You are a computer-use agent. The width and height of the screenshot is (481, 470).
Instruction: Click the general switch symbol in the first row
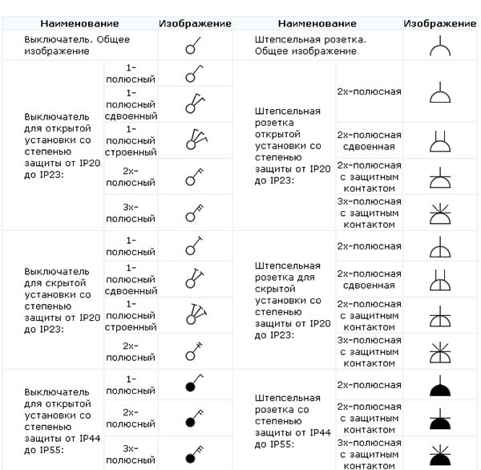click(x=194, y=45)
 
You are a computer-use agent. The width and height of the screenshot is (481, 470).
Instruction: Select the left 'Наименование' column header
click(x=79, y=24)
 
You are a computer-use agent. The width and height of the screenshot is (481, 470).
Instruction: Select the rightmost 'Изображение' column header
click(x=441, y=24)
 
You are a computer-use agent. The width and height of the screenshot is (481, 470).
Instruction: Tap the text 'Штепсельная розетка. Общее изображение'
click(x=305, y=45)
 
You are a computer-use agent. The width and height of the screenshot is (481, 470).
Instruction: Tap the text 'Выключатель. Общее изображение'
click(x=77, y=45)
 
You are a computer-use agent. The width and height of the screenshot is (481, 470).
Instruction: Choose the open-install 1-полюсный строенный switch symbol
click(x=194, y=140)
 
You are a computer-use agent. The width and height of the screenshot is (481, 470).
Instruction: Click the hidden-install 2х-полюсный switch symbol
click(x=194, y=350)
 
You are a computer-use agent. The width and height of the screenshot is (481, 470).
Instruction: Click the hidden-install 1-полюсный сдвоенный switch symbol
click(x=194, y=278)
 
